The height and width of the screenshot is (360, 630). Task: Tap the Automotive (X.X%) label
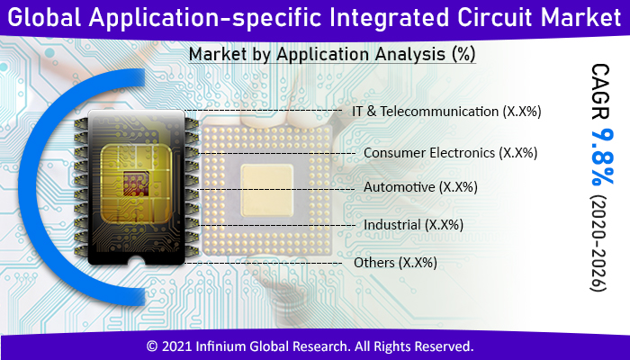pos(420,187)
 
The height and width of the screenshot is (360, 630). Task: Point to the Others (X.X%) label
pos(396,263)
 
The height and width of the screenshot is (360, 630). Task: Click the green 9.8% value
pos(598,157)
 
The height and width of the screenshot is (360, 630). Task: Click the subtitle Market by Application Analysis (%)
pos(332,55)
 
